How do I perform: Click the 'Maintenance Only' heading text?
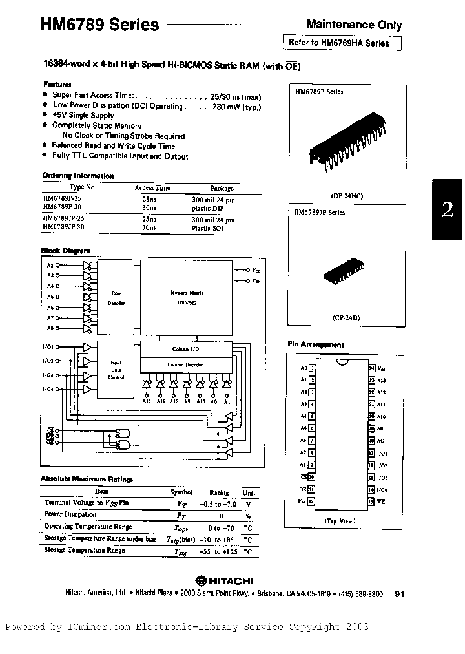click(354, 25)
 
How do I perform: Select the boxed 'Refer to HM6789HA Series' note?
click(338, 43)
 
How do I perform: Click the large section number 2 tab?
click(447, 210)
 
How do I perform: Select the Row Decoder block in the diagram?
click(117, 297)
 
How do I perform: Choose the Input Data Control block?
click(116, 369)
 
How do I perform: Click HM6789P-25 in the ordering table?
click(63, 200)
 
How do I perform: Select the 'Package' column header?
click(222, 188)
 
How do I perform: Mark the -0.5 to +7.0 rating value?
click(220, 502)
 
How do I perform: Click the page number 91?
click(398, 594)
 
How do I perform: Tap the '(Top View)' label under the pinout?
click(340, 520)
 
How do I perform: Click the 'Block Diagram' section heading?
click(66, 251)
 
